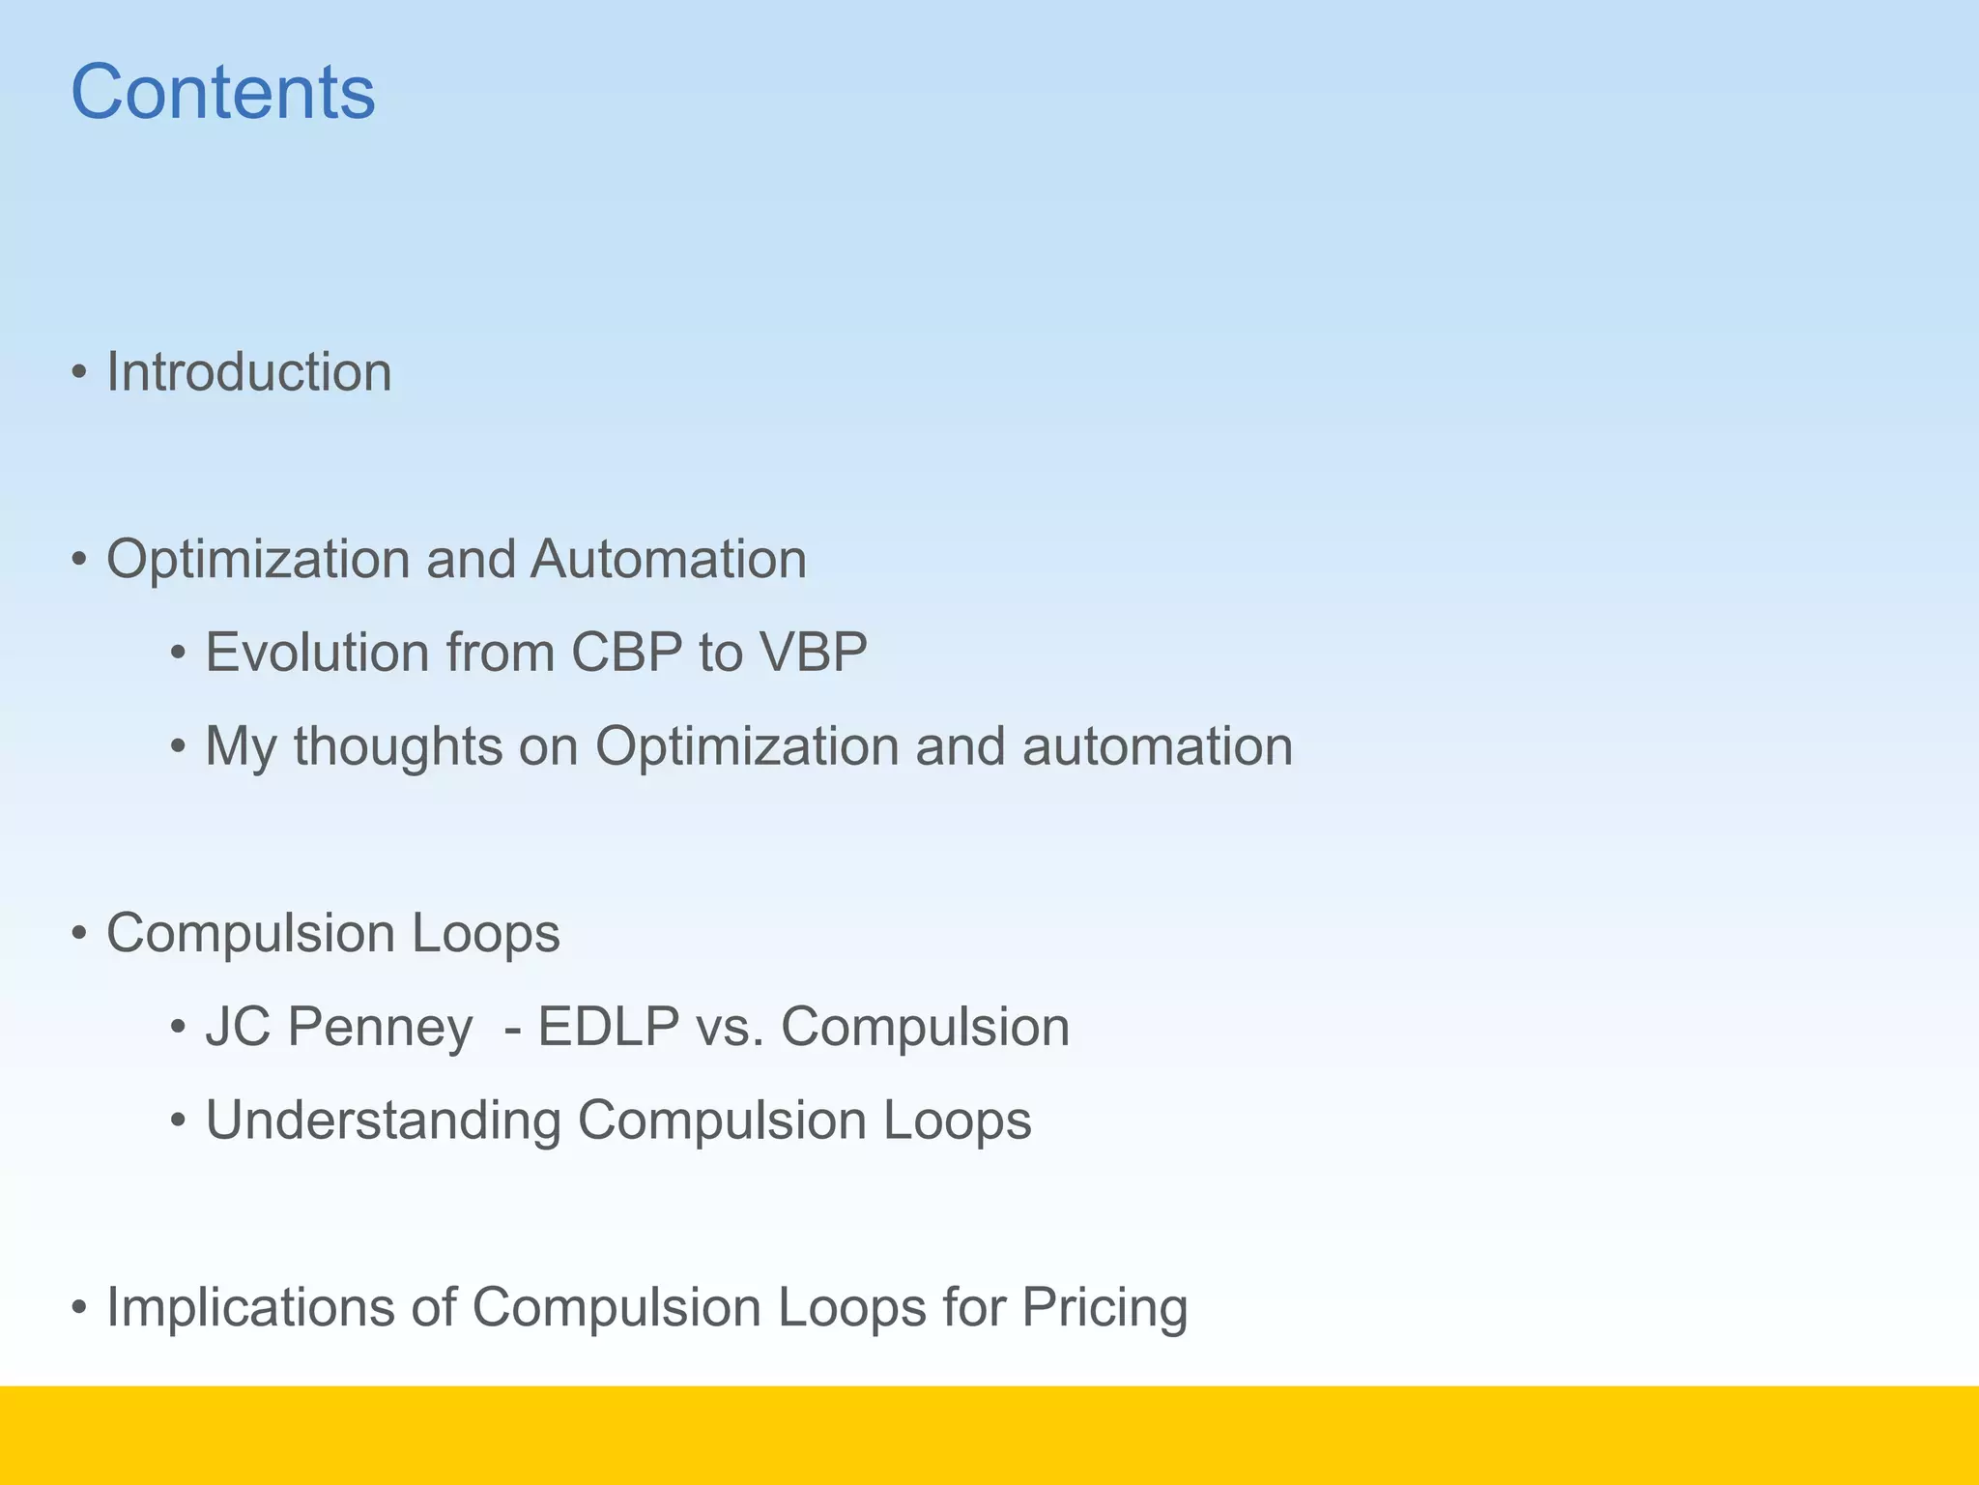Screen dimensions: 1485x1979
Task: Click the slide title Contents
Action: click(223, 92)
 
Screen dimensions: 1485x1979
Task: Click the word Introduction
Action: click(248, 372)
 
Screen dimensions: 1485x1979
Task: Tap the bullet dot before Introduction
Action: click(80, 373)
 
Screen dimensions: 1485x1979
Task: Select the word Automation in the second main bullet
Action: click(668, 560)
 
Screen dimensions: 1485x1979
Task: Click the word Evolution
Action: click(317, 653)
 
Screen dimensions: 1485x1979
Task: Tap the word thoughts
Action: click(398, 746)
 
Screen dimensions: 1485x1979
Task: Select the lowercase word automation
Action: click(1157, 746)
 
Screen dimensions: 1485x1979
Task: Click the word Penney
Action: click(380, 1027)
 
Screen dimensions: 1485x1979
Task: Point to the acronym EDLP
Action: click(608, 1027)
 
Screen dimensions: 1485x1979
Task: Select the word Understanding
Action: click(383, 1121)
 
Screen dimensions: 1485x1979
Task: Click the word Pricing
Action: click(1104, 1308)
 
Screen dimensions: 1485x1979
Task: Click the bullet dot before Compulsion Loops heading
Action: click(80, 935)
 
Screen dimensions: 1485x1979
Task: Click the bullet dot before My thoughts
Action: click(178, 747)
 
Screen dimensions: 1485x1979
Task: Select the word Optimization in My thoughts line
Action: click(747, 746)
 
